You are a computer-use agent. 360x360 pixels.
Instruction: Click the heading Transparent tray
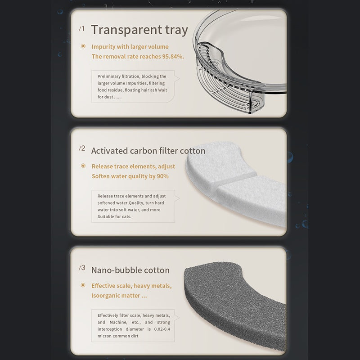click(x=139, y=30)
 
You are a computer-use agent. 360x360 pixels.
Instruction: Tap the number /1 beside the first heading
click(x=81, y=29)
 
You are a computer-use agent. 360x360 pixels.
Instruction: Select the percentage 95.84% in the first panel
click(x=173, y=57)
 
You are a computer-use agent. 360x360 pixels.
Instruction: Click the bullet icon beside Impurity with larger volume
click(x=83, y=46)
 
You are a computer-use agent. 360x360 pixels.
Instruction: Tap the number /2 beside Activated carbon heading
click(x=82, y=148)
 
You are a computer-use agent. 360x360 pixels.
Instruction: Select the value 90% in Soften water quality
click(x=162, y=176)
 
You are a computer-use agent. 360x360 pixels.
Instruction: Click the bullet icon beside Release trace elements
click(x=83, y=166)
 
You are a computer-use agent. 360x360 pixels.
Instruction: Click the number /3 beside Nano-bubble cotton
click(x=82, y=268)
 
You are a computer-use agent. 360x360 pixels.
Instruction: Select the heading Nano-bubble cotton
click(x=130, y=270)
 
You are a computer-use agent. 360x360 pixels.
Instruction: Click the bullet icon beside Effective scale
click(x=83, y=285)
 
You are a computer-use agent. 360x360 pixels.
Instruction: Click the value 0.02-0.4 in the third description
click(x=162, y=329)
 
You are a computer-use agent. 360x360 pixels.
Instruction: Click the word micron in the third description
click(x=104, y=336)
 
